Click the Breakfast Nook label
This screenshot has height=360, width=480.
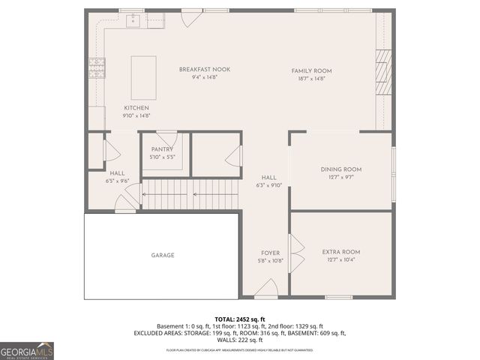pos(205,70)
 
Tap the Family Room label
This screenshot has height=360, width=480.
pos(311,70)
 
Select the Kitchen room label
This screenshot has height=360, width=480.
pos(136,108)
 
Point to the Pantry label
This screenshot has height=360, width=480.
pos(162,149)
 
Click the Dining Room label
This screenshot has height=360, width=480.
pos(341,169)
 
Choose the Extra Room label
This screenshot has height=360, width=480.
pos(341,252)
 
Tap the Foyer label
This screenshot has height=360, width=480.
pos(270,253)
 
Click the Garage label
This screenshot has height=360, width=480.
pos(163,255)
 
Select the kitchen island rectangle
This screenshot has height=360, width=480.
pos(143,77)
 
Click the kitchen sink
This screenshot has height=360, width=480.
pos(134,20)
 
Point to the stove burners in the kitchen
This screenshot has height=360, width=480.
pos(97,68)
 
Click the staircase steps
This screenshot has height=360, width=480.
pos(190,194)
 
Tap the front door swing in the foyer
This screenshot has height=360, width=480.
pos(266,287)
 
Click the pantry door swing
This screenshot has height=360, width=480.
pos(167,138)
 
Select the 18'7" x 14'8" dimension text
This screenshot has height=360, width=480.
pos(311,78)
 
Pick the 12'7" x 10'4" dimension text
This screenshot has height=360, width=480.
pos(341,260)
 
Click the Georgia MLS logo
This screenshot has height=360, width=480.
pos(27,350)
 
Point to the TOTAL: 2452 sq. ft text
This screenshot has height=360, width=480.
pos(240,319)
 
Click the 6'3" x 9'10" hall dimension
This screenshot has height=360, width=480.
pos(268,185)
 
